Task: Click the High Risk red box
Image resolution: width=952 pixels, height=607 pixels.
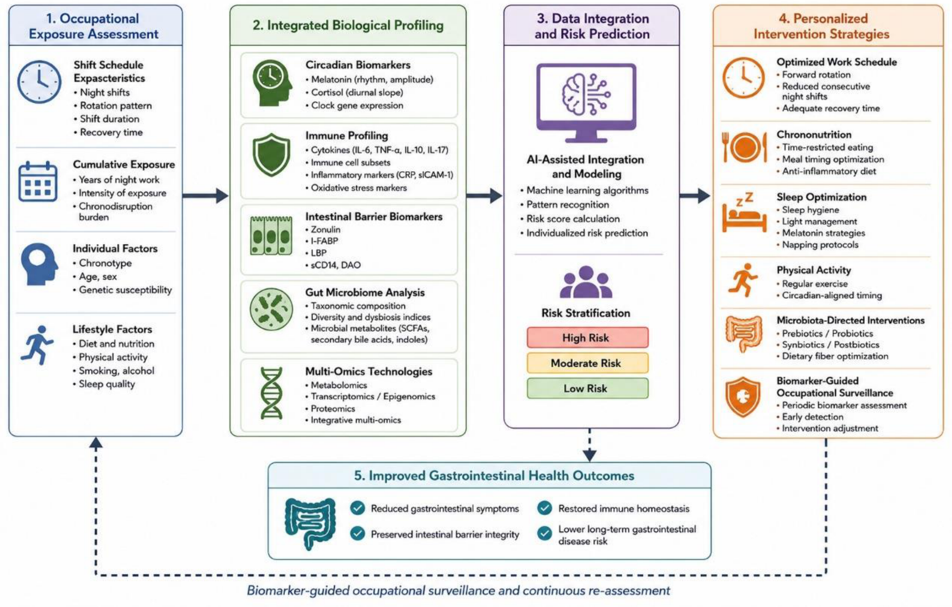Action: (587, 337)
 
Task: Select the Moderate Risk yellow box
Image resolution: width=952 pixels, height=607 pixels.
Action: (587, 363)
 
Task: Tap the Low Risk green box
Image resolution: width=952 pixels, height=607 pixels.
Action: (587, 388)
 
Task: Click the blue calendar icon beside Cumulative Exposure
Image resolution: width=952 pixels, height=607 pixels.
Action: (38, 181)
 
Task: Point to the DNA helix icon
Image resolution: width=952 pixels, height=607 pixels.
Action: (271, 393)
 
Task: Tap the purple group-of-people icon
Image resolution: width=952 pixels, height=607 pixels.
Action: (586, 282)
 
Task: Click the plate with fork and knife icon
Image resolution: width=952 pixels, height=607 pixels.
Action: (744, 147)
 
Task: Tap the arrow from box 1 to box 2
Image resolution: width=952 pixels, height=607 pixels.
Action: (205, 195)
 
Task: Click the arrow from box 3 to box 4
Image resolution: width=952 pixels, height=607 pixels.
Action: (695, 195)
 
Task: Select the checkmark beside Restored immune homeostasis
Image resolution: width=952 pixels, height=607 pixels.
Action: (544, 508)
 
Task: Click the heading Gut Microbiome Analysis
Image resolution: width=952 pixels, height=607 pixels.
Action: (365, 293)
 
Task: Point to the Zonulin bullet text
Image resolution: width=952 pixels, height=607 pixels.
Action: (326, 230)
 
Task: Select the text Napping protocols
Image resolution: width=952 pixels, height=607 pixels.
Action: (820, 244)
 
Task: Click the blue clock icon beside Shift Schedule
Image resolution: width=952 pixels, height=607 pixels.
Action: (40, 82)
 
